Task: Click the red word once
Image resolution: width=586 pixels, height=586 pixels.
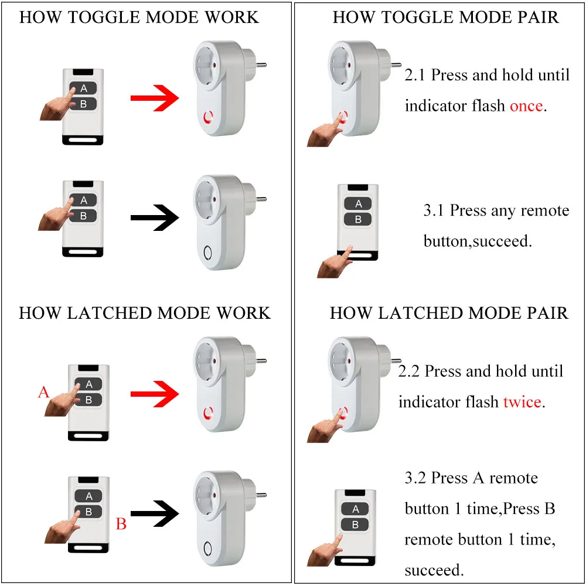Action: coord(526,106)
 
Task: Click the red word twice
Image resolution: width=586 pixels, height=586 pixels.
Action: coord(522,402)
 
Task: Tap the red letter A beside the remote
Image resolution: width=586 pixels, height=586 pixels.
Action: coord(43,392)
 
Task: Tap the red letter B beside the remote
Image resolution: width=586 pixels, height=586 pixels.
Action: coord(121,523)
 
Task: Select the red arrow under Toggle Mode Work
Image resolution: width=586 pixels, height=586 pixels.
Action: coord(155,98)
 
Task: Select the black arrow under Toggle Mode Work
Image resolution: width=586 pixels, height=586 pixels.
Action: coord(155,217)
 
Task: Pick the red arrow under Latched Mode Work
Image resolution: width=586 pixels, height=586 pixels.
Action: coord(155,394)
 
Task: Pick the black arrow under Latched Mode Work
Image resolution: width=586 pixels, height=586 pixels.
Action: coord(155,513)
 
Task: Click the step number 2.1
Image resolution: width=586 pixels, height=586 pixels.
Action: coord(415,75)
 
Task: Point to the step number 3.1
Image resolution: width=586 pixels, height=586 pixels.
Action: coord(434,210)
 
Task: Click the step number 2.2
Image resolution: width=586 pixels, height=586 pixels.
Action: coord(408,371)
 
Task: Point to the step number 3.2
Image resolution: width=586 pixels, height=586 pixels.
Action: coord(415,478)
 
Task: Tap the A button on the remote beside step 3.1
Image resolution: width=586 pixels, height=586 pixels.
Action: coord(358,204)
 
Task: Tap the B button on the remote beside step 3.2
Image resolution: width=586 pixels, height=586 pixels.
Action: coord(355,524)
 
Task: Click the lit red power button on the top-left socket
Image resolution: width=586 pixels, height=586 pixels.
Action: coord(208,117)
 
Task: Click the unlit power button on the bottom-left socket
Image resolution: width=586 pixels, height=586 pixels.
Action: coord(208,549)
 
